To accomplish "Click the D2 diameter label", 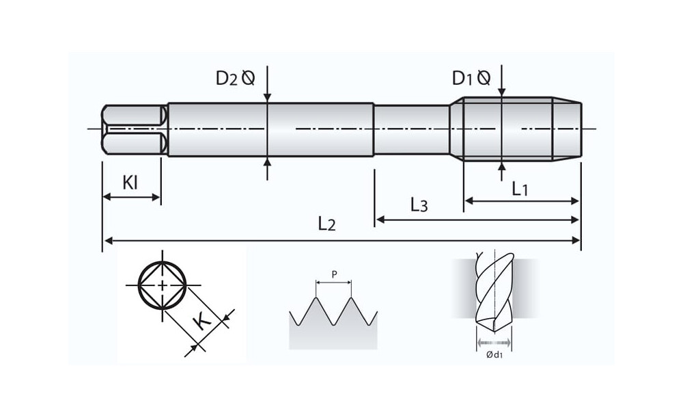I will click(x=235, y=77).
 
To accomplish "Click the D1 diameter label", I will click(x=471, y=78).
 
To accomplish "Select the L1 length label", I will click(x=520, y=188).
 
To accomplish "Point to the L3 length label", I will click(x=419, y=205).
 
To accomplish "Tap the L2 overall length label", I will click(x=327, y=224).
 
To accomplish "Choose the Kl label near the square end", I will click(x=130, y=183).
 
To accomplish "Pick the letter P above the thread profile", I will click(x=334, y=274).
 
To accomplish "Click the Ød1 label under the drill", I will click(x=493, y=354).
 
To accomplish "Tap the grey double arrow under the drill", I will click(x=493, y=342).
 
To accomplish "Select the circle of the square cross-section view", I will click(x=163, y=285).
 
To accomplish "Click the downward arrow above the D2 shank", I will click(x=268, y=96).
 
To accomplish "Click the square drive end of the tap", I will click(x=134, y=129).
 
